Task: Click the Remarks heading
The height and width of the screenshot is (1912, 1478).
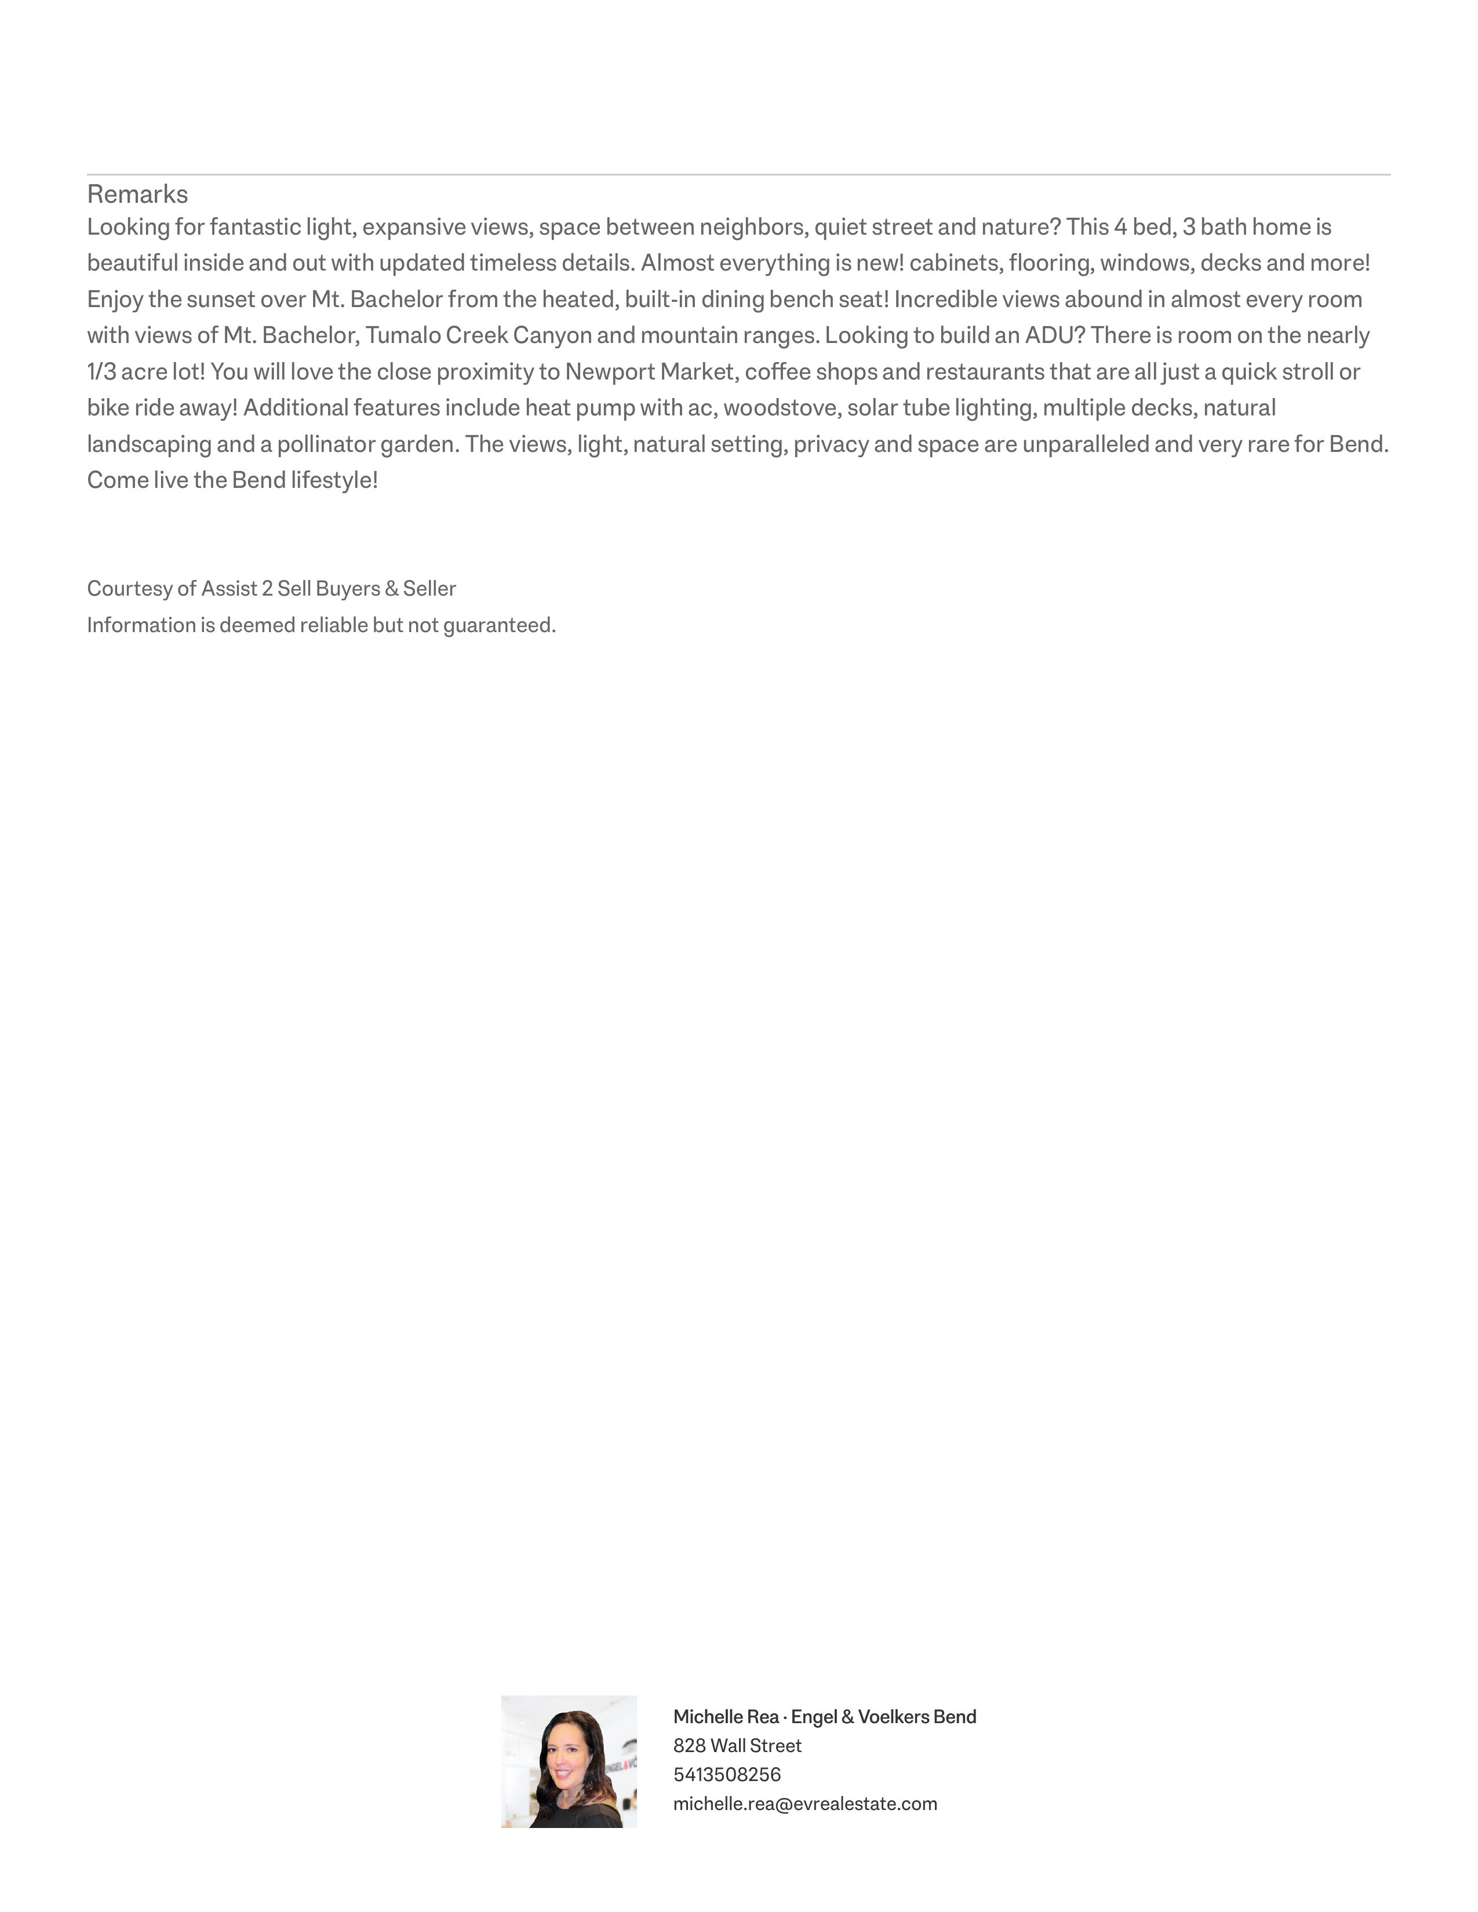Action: (x=137, y=194)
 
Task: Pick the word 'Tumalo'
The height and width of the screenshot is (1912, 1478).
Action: (x=405, y=336)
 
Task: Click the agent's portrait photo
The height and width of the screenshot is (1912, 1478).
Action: (x=568, y=1761)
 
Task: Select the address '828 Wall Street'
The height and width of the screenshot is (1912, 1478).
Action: (x=737, y=1746)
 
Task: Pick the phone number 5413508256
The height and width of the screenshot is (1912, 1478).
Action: (x=727, y=1775)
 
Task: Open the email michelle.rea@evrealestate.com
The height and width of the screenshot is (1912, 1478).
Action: (x=804, y=1804)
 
